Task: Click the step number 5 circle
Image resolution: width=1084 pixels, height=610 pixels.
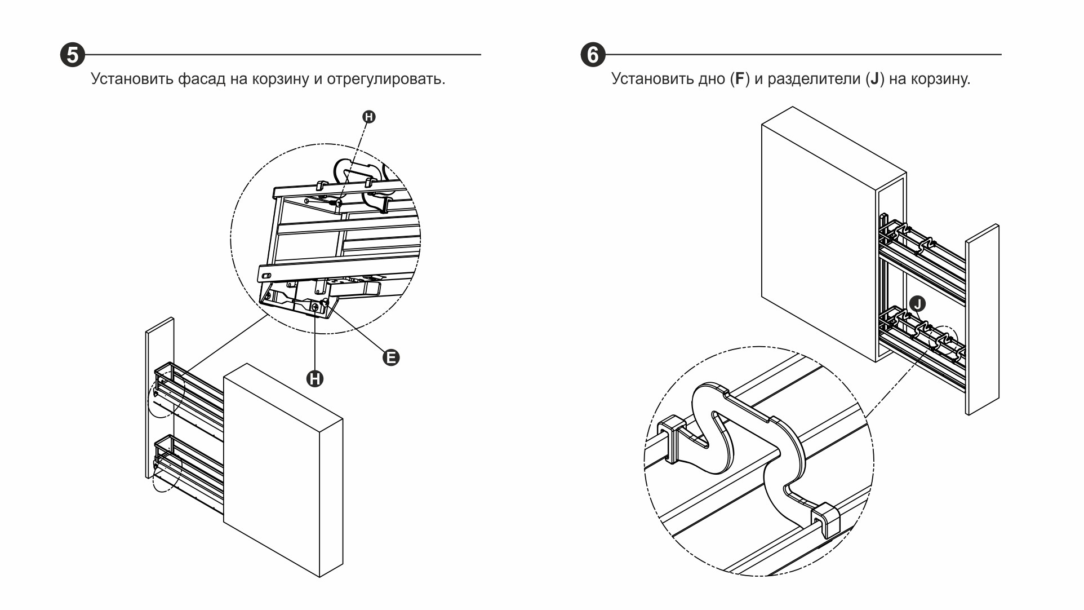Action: click(73, 55)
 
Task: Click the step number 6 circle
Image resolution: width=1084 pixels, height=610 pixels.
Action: click(593, 55)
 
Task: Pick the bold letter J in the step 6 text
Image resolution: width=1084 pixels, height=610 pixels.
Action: click(874, 78)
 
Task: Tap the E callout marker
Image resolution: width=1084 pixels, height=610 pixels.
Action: click(391, 357)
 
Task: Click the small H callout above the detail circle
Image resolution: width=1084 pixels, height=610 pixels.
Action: click(369, 117)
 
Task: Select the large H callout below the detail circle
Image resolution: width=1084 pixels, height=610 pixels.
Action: click(315, 378)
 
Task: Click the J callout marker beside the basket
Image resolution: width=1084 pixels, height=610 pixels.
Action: click(918, 304)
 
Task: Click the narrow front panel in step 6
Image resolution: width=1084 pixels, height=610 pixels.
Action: click(983, 319)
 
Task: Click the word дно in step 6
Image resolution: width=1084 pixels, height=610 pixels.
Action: click(712, 78)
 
